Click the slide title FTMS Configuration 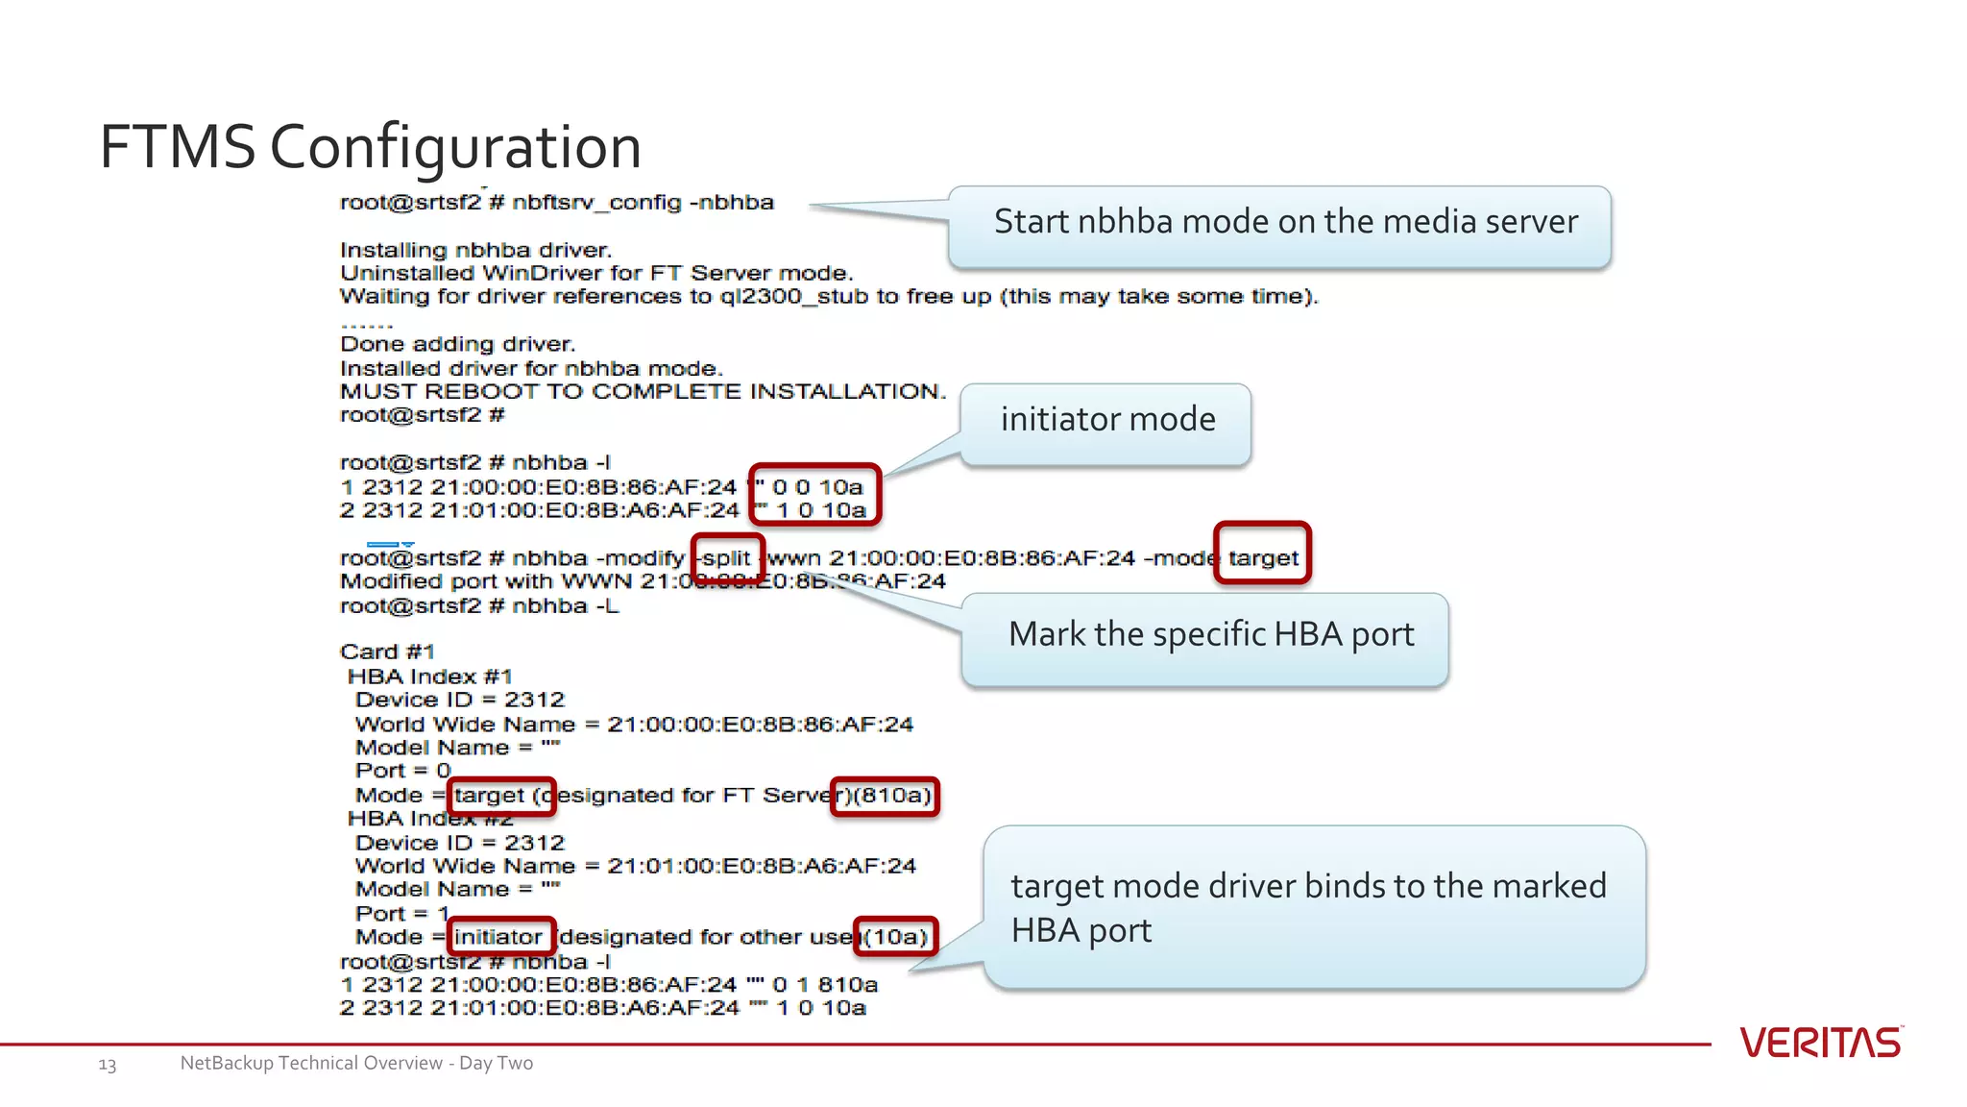point(370,148)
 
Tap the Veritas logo point(1820,1043)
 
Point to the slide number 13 point(107,1065)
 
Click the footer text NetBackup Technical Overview point(356,1063)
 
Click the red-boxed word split point(727,558)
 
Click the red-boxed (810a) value point(885,796)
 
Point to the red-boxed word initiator point(500,937)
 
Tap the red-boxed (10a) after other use point(895,937)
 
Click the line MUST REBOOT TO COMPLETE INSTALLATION point(643,392)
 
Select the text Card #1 point(387,652)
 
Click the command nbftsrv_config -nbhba point(642,203)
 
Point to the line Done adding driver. point(457,344)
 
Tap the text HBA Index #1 point(430,676)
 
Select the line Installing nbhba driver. point(475,250)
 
